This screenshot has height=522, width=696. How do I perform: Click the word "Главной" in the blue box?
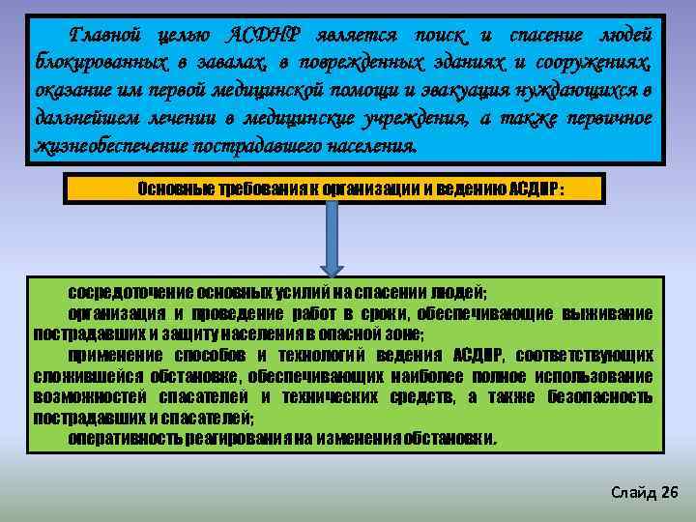[107, 36]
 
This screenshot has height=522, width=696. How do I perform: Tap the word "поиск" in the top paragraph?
[441, 36]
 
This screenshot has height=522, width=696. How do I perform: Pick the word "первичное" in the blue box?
[610, 120]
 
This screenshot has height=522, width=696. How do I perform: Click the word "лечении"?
[173, 120]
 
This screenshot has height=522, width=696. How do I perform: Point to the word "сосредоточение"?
[129, 292]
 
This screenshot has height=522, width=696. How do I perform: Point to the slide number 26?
[669, 493]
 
